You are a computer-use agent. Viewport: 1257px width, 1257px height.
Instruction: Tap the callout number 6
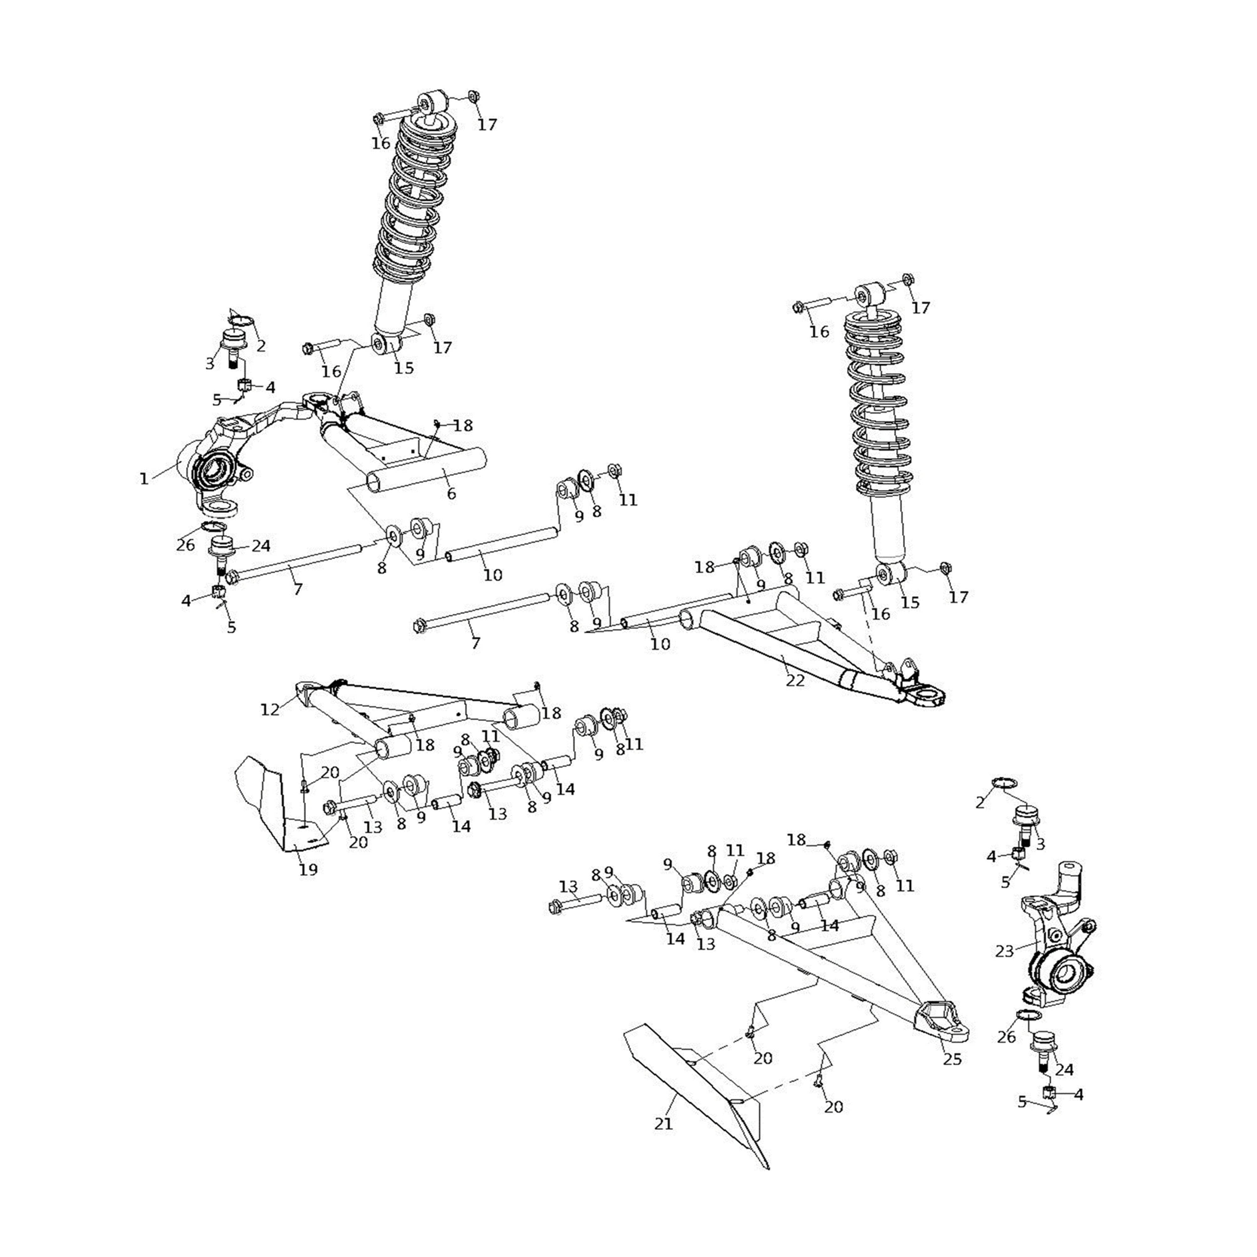[451, 494]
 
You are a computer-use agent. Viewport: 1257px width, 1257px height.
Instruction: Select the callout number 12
[269, 710]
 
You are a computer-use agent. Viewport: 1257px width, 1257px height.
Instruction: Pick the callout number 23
[1004, 951]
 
